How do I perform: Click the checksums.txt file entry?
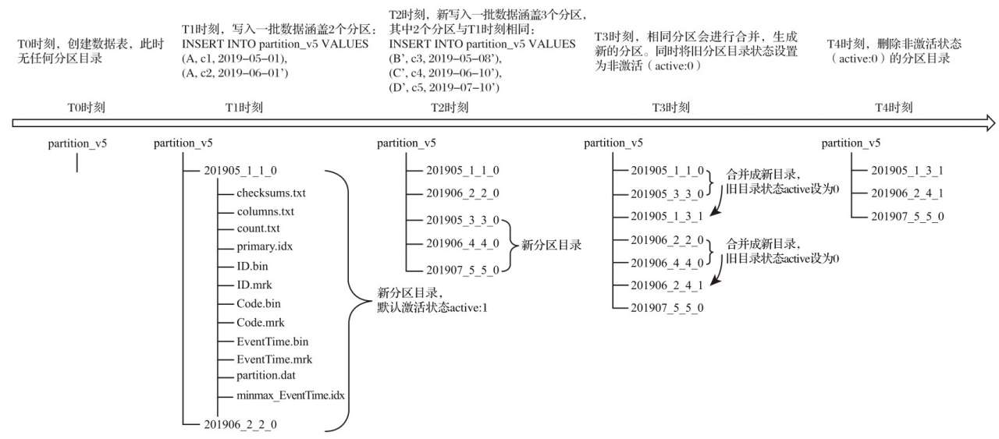[x=272, y=193]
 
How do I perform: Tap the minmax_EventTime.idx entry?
[x=290, y=395]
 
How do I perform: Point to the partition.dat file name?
[x=267, y=377]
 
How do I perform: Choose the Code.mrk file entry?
[x=261, y=322]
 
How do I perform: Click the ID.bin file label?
[x=254, y=266]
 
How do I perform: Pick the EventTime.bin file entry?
[x=272, y=341]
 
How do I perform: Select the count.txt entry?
[x=258, y=228]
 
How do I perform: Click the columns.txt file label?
[x=266, y=211]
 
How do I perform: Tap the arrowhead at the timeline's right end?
[x=989, y=122]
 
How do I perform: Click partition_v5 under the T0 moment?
[x=77, y=143]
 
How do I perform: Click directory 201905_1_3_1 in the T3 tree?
[x=667, y=216]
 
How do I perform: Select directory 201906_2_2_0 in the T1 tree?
[x=240, y=423]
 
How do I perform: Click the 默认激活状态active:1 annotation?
[x=432, y=307]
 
